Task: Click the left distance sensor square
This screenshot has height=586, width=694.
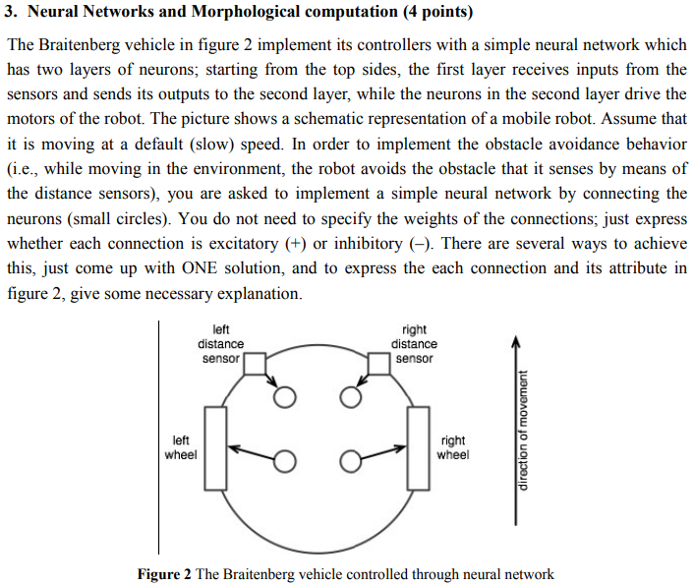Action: tap(255, 365)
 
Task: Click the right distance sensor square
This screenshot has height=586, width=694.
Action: tap(379, 365)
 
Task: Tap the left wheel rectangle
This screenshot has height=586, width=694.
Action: tap(216, 448)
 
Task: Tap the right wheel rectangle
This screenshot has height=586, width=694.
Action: tap(419, 448)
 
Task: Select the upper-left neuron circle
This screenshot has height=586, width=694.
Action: tap(285, 397)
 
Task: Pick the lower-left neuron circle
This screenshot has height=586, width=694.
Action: tap(285, 461)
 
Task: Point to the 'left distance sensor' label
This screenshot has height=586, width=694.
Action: tap(221, 344)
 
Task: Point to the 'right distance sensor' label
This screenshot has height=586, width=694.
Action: tap(414, 344)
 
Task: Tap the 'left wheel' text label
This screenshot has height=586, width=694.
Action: tap(181, 447)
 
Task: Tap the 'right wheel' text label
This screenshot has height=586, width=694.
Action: tap(453, 447)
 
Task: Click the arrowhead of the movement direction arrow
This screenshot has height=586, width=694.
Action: tap(513, 340)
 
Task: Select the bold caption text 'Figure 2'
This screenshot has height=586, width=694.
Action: tap(164, 574)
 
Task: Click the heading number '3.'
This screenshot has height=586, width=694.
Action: tap(13, 13)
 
